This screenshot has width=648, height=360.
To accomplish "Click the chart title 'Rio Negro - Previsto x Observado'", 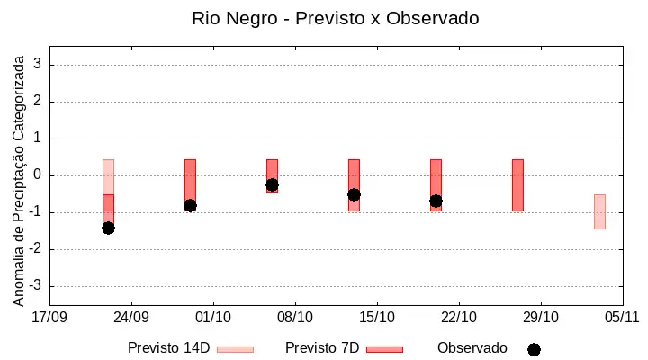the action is coord(335,18).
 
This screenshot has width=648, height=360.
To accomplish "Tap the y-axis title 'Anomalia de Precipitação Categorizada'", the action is coord(18,181).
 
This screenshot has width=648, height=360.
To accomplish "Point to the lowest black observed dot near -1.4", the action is coord(108,229).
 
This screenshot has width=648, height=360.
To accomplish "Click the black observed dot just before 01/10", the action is coord(190,205).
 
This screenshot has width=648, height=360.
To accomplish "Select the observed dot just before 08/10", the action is coord(272,184).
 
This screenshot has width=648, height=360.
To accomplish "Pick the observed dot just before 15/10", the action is coord(355,194).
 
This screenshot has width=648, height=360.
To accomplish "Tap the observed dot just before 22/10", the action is coord(436,202).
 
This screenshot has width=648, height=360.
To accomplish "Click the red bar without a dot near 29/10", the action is coord(517,185).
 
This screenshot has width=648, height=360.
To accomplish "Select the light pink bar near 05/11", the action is coord(599,211).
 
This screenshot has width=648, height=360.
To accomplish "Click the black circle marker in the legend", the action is coord(534,350).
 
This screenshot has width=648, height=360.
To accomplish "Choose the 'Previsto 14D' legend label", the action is coord(169,348).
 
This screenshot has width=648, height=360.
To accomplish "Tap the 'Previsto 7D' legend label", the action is coord(322,348).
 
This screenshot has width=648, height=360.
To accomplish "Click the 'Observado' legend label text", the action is coord(472,348).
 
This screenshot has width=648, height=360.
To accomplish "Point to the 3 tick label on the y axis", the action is coord(38,64).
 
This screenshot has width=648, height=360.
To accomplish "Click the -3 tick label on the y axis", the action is coord(35,285).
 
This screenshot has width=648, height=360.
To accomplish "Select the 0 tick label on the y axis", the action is coord(38,175).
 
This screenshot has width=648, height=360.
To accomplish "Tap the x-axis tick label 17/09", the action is coord(49,318).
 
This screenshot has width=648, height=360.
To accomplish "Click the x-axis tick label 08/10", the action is coord(295,318).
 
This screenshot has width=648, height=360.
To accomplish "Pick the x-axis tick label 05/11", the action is coord(622,318).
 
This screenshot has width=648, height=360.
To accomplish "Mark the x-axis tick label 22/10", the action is coord(459,318).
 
